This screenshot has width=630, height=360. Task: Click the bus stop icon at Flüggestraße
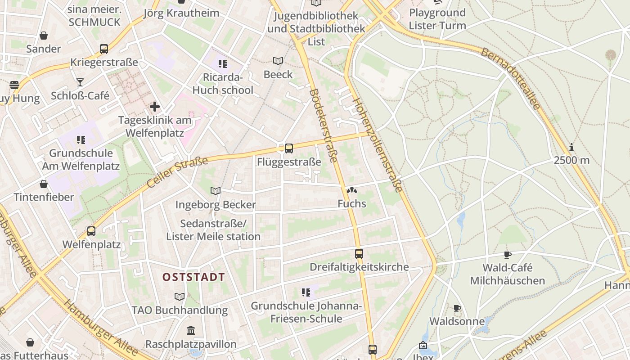[289, 148]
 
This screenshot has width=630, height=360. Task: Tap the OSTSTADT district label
[193, 277]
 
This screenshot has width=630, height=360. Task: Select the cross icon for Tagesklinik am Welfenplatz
[155, 107]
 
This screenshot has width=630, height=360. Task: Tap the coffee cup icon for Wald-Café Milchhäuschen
[508, 255]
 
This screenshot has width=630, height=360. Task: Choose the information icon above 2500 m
[571, 147]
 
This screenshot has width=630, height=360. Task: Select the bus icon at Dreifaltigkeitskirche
[359, 253]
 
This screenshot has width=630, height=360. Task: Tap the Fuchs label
[352, 204]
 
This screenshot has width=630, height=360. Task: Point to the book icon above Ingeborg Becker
[216, 191]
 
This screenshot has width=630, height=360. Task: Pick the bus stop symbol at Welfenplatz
[91, 231]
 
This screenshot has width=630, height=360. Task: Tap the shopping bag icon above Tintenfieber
[44, 184]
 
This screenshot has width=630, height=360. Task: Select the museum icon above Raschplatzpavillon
[191, 331]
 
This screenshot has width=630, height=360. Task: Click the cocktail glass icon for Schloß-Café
[80, 82]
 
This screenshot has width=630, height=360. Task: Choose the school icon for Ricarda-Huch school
[222, 64]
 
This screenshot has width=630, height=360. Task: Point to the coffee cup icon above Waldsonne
[457, 308]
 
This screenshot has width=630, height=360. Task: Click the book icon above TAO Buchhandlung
[180, 297]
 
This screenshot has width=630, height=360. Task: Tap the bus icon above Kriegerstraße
[104, 49]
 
